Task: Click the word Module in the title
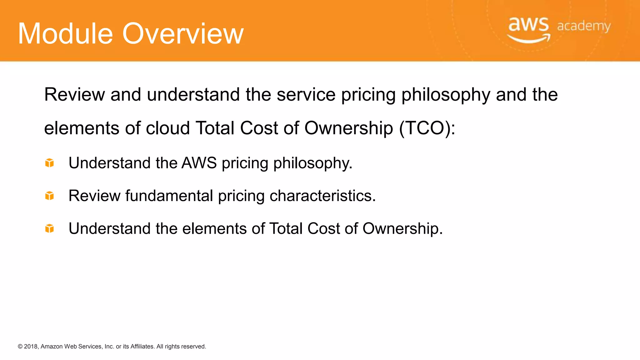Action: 65,34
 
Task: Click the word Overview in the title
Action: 183,34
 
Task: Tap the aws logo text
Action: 528,24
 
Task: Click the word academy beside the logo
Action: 583,26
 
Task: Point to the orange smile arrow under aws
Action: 529,39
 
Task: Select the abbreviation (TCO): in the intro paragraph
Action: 427,128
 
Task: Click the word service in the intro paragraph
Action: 306,94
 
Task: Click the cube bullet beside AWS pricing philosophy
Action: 49,163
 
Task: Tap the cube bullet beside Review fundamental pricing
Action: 49,196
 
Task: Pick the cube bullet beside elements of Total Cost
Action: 49,228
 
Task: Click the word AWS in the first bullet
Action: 199,163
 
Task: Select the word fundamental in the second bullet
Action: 169,196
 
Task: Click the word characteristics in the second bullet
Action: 322,196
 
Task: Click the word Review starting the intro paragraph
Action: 74,94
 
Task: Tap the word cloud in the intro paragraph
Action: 168,128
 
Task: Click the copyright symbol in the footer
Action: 20,347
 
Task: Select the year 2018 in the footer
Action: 31,347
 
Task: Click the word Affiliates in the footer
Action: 142,347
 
